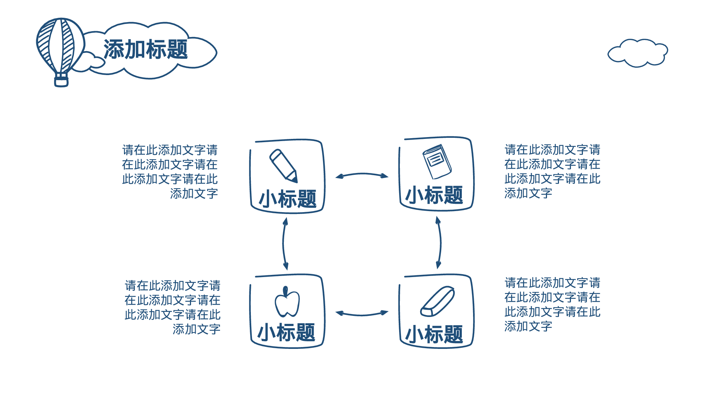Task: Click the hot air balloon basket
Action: pos(61,81)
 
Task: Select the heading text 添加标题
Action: pos(146,50)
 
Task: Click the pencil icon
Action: pos(283,166)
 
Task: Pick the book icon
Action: pos(437,161)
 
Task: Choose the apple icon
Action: pos(287,302)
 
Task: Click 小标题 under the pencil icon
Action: pos(287,199)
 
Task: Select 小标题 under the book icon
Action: pos(434,195)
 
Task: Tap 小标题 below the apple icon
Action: pos(286,332)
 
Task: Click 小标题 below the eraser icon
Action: pos(434,334)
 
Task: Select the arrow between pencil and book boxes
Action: pos(362,175)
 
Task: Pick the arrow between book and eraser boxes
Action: pos(439,242)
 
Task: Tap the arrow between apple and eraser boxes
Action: pos(362,314)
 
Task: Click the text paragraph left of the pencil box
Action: pos(170,172)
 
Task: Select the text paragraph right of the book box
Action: pos(552,171)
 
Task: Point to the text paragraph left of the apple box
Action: pos(173,307)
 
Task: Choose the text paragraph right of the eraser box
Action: pos(552,304)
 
